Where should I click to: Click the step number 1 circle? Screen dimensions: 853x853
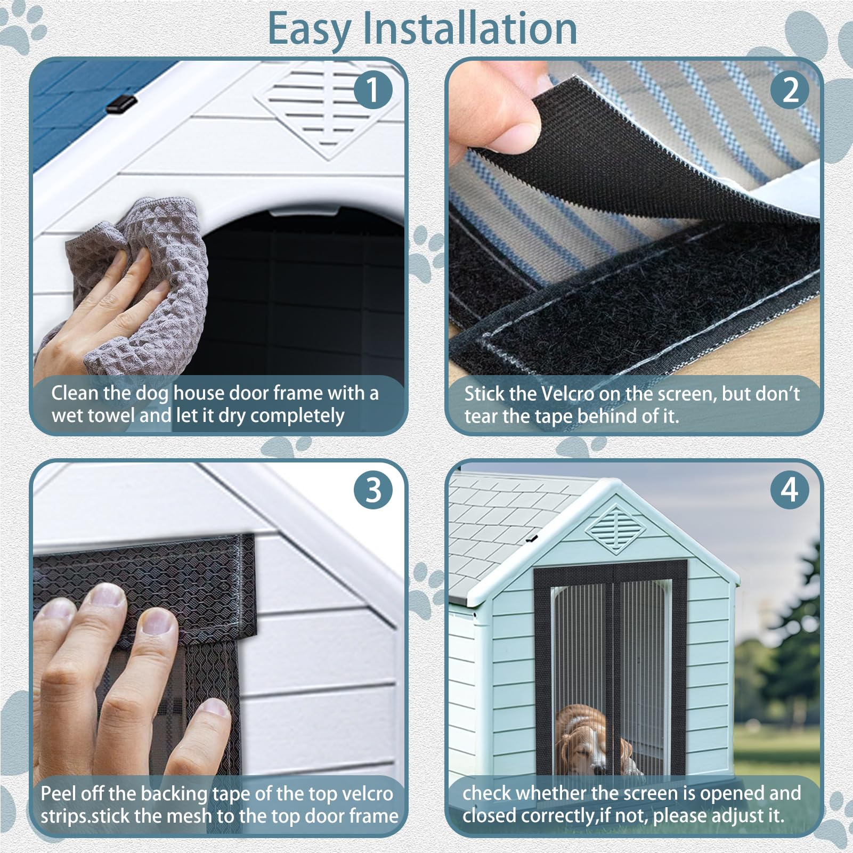point(373,90)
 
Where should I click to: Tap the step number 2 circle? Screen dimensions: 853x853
point(790,90)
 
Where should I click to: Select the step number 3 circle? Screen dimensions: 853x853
point(373,490)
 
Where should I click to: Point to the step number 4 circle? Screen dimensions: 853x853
point(790,490)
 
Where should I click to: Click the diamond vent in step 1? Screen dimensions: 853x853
point(327,109)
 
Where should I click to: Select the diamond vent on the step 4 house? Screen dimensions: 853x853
point(616,528)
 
